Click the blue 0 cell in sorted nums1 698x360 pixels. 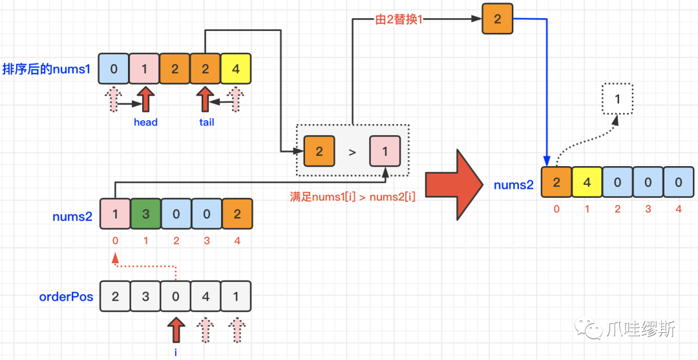point(114,69)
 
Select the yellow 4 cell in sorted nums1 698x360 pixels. point(235,69)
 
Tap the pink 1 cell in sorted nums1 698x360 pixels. point(145,69)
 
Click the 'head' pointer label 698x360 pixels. point(145,122)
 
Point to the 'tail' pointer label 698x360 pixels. point(206,122)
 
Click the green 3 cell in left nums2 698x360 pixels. point(145,215)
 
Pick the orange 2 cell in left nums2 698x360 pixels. point(237,215)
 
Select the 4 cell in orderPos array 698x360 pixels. point(205,297)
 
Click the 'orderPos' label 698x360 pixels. point(67,297)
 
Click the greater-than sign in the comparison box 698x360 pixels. point(352,153)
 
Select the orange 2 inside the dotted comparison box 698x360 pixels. point(319,153)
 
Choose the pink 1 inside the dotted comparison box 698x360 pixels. point(385,153)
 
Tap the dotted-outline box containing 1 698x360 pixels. point(618,100)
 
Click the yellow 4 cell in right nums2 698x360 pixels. point(587,183)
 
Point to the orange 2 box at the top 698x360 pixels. point(497,19)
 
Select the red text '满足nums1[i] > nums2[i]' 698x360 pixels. point(352,196)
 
